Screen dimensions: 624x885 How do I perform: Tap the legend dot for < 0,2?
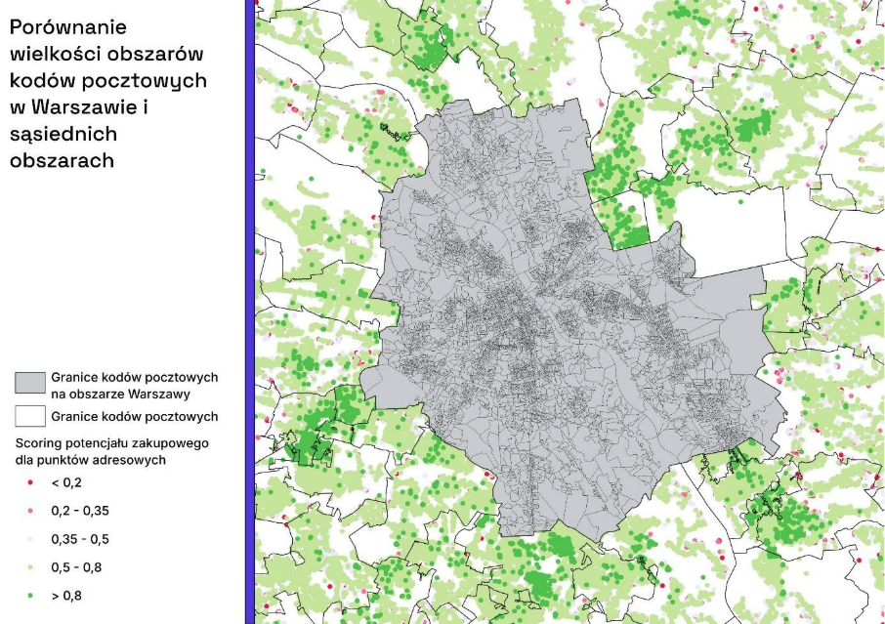click(30, 482)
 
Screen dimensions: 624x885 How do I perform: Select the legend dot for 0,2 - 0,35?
click(30, 511)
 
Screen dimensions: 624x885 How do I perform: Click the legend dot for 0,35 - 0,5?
click(30, 538)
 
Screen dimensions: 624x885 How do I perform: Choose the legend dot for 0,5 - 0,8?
click(30, 565)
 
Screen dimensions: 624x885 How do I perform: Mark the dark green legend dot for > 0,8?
click(30, 593)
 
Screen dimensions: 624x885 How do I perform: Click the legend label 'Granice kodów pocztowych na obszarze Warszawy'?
click(135, 386)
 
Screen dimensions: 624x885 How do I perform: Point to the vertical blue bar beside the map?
click(249, 312)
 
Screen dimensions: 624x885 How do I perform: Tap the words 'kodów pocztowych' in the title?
click(108, 80)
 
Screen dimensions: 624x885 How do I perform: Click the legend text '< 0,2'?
click(66, 482)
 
